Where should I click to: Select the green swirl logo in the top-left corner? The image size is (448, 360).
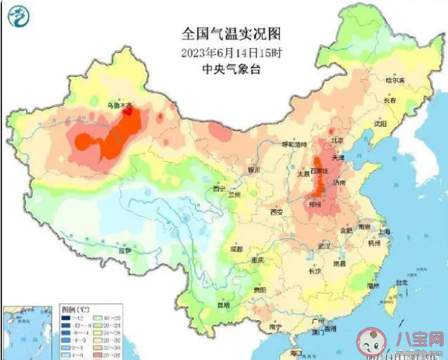(18, 16)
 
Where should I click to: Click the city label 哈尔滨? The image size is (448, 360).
(395, 80)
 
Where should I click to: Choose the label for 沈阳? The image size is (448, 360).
(379, 124)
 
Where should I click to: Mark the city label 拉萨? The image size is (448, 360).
(125, 251)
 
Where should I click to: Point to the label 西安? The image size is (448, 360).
(276, 213)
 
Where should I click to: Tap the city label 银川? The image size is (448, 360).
(254, 169)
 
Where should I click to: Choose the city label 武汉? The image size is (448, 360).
(325, 245)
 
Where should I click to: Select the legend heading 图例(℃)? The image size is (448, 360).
(74, 309)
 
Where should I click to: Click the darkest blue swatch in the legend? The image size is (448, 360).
(66, 318)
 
